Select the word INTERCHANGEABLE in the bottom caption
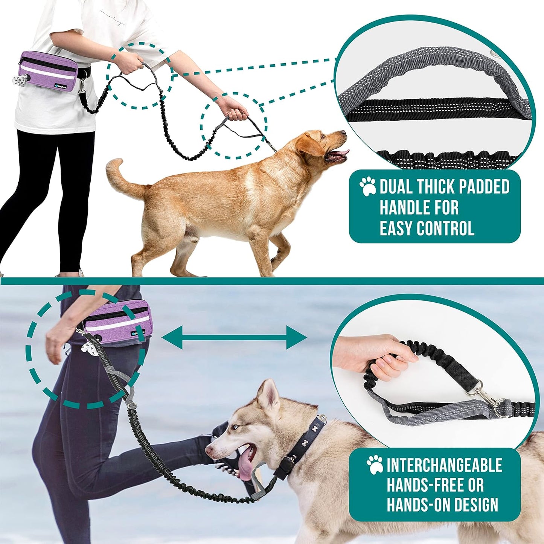(x=444, y=465)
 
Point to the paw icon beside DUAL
(x=367, y=186)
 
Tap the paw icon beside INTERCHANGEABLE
(x=375, y=465)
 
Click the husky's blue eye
(x=235, y=427)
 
